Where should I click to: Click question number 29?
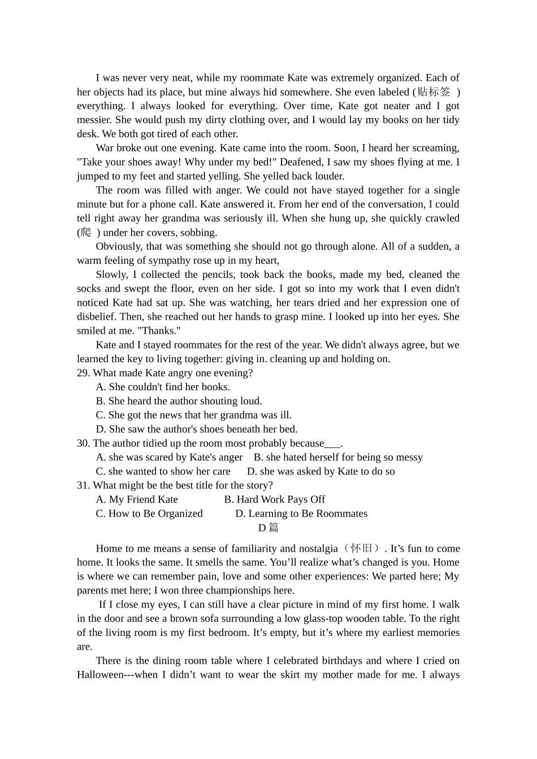[x=84, y=373]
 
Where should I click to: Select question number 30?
[x=84, y=443]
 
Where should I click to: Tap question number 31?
[x=84, y=485]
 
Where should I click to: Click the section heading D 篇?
[x=268, y=527]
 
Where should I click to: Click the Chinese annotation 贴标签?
[x=434, y=91]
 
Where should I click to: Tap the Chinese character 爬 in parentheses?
[x=85, y=232]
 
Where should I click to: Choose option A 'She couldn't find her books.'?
[x=163, y=387]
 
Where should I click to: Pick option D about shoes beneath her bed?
[x=197, y=429]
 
